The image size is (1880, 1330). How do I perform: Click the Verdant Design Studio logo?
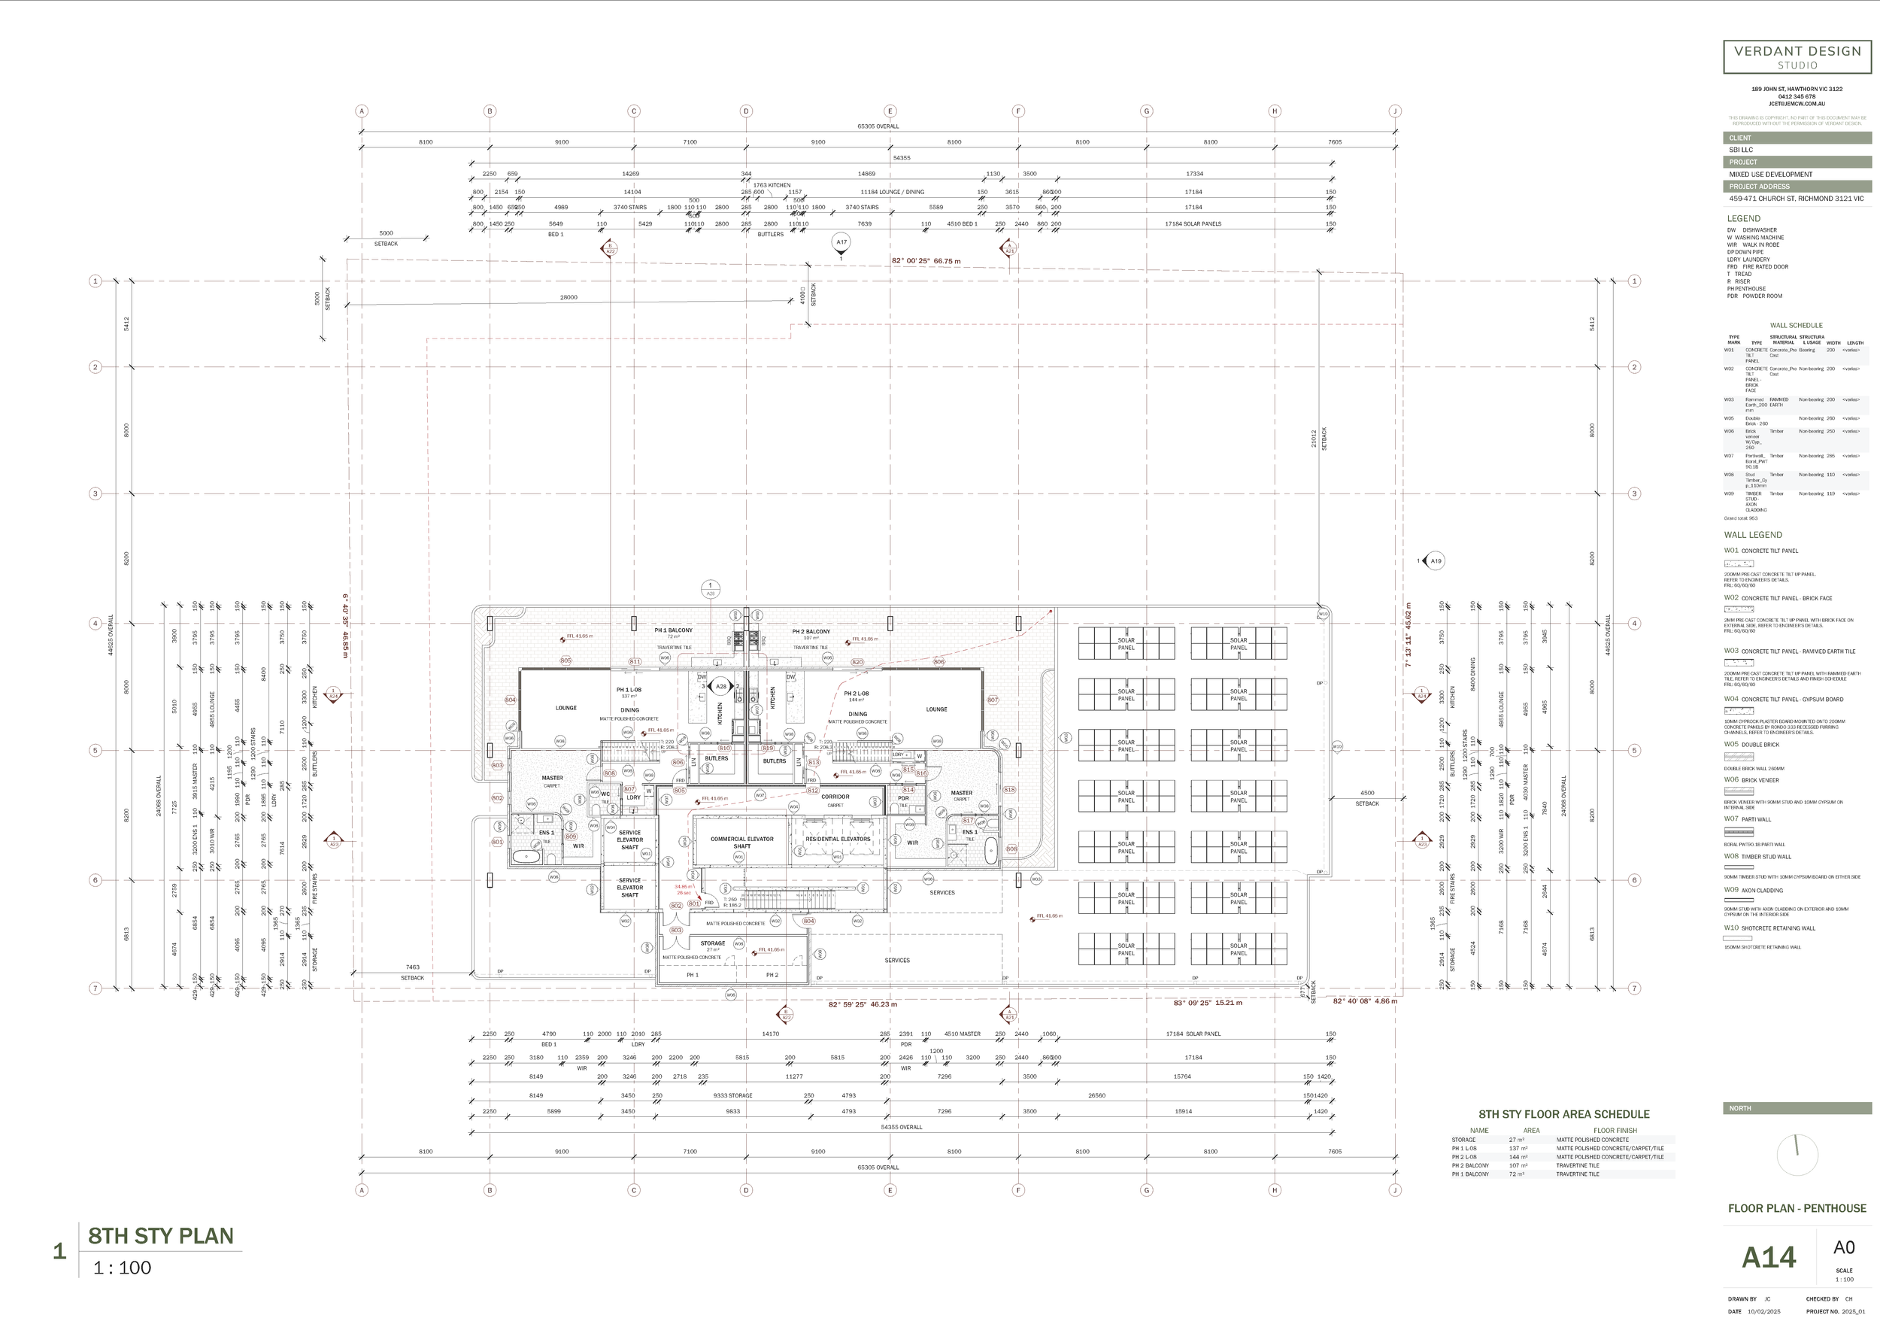pos(1797,56)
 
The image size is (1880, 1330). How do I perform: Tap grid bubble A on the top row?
pos(362,111)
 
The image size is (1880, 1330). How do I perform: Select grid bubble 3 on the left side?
pos(95,493)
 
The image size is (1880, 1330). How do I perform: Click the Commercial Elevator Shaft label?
pos(741,843)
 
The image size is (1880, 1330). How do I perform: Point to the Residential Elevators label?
pos(838,840)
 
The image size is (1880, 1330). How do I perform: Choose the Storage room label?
pos(712,943)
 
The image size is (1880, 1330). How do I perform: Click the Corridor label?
pos(835,797)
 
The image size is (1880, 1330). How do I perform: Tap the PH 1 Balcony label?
pos(673,630)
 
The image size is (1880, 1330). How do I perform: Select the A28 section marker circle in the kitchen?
pos(720,686)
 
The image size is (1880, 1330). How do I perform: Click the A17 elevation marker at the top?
pos(841,241)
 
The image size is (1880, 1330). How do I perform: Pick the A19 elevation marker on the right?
pos(1435,561)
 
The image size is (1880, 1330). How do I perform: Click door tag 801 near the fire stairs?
pos(693,904)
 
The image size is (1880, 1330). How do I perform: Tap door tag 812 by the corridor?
pos(812,791)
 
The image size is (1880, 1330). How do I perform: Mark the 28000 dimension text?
pos(569,297)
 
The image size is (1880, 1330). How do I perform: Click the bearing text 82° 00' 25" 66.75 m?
pos(925,261)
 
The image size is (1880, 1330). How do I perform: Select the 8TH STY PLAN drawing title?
pos(160,1236)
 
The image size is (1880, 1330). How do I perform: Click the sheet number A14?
pos(1768,1257)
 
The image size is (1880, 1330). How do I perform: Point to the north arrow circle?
pos(1797,1155)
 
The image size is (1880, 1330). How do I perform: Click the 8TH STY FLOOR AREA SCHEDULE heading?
pos(1563,1115)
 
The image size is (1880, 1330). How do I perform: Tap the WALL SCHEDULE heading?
pos(1796,325)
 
